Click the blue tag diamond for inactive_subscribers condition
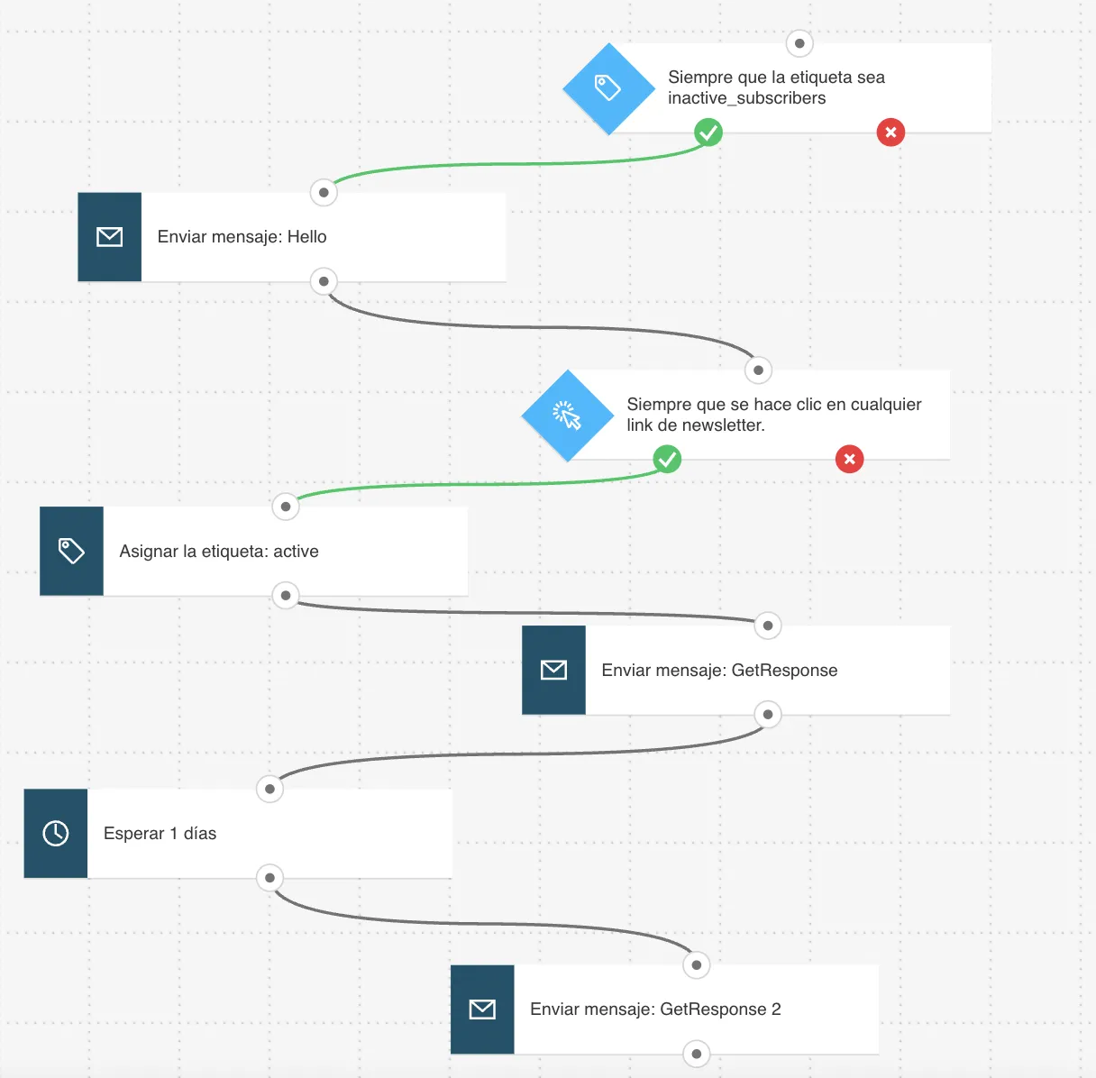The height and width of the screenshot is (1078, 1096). [x=608, y=88]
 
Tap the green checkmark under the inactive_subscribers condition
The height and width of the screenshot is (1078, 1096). [x=708, y=132]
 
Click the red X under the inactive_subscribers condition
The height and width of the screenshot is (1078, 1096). [x=890, y=132]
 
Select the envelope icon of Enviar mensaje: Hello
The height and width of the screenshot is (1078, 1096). [x=110, y=237]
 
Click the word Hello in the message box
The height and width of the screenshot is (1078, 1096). [x=306, y=237]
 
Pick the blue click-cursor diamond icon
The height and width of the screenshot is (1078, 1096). [x=567, y=416]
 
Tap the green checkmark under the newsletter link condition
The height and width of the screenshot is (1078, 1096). [x=667, y=459]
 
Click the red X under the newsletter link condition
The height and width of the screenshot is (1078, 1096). [x=850, y=459]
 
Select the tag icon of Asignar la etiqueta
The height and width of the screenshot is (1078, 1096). [x=72, y=551]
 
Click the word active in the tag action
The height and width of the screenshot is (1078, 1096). [x=296, y=552]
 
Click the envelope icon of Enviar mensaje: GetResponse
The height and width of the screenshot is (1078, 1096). [x=554, y=670]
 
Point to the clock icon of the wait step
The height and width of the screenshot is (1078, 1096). [x=56, y=834]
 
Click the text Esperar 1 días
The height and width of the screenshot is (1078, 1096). [x=160, y=834]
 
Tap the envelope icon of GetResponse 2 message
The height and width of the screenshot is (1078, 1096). [x=482, y=1009]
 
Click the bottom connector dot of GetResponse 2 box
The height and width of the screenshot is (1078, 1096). [x=696, y=1054]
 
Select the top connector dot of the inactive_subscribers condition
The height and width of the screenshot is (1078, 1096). [x=799, y=43]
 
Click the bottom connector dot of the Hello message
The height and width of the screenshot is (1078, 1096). [x=324, y=281]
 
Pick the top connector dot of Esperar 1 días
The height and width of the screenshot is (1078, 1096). [x=269, y=789]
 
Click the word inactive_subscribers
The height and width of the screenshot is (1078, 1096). [x=747, y=98]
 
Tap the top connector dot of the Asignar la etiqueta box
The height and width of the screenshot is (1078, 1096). [x=286, y=507]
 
